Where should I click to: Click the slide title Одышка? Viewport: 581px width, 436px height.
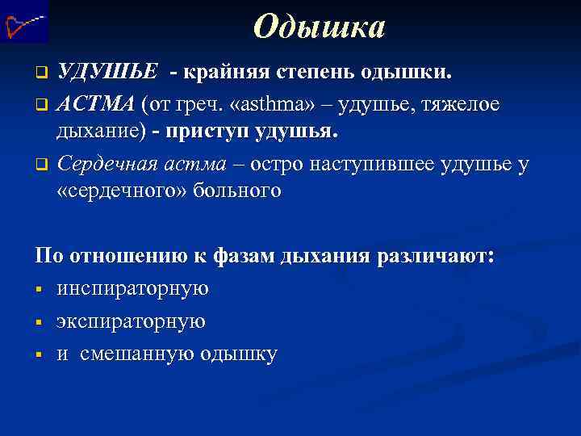[x=319, y=27]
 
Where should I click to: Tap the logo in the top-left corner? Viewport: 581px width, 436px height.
[x=24, y=22]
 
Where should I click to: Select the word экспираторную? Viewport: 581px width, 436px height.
[x=131, y=321]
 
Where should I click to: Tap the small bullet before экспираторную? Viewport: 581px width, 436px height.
[x=39, y=322]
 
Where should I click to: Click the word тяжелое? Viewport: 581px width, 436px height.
[x=461, y=105]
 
